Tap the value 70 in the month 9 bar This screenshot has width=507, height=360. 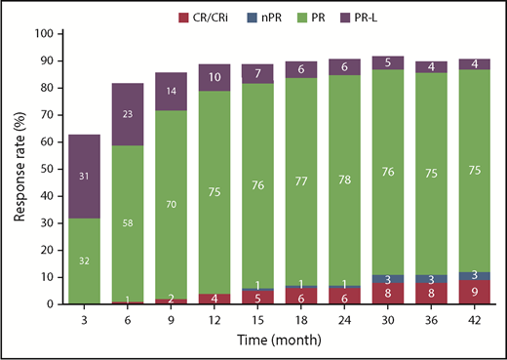(173, 206)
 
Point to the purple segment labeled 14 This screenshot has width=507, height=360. (173, 90)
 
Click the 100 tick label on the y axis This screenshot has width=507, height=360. (43, 33)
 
